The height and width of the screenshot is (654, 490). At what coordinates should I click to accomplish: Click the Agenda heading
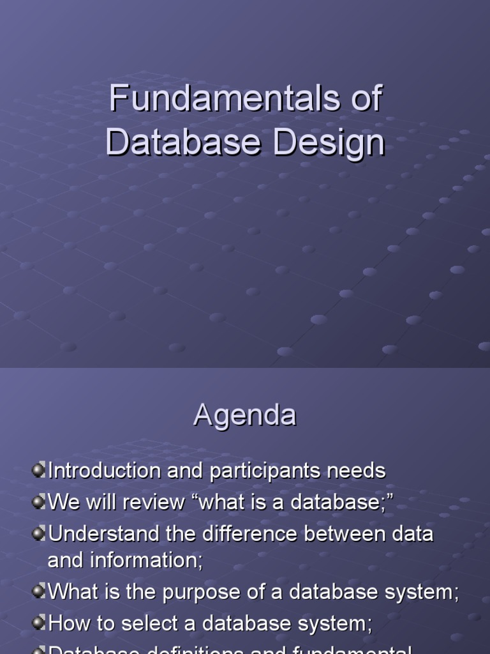[x=245, y=416]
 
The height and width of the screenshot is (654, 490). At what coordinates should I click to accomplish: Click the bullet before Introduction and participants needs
[x=39, y=471]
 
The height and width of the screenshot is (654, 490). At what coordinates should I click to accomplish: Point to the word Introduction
[x=105, y=471]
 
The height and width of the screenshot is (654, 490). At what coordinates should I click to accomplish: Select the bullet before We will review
[x=39, y=502]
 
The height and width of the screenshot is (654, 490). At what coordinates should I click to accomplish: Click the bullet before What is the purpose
[x=39, y=591]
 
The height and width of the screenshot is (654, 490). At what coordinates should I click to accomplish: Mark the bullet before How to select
[x=39, y=623]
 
